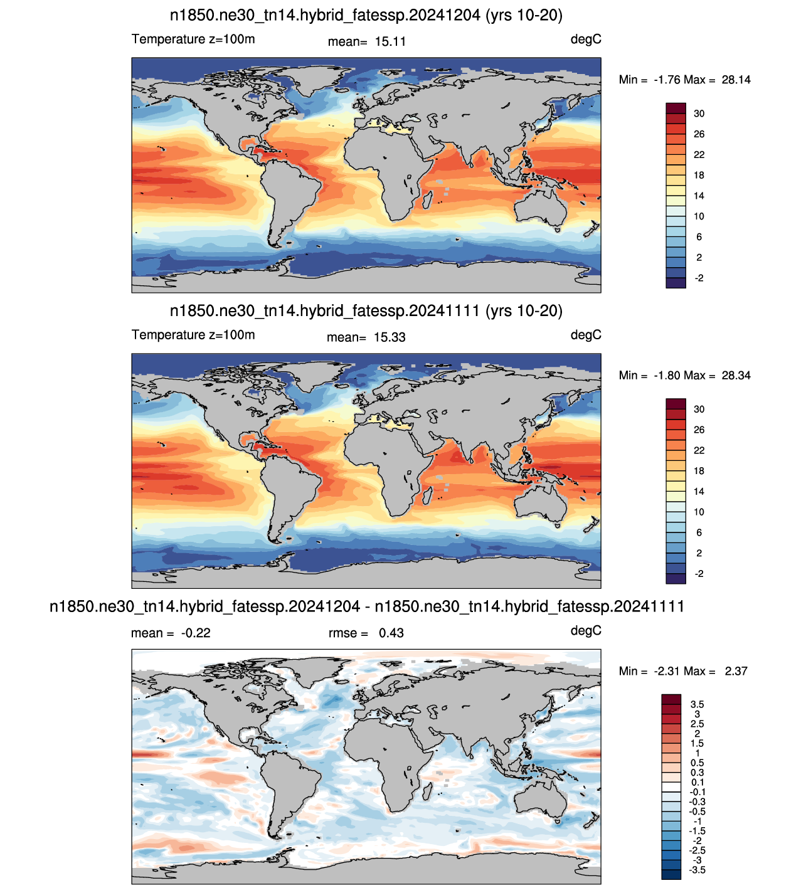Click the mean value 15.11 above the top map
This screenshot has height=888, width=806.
click(x=390, y=41)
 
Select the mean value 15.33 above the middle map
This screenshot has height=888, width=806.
click(x=390, y=337)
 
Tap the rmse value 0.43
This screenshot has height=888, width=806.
click(x=391, y=633)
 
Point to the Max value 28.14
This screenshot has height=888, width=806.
click(x=736, y=80)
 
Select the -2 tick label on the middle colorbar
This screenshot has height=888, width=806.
click(x=699, y=574)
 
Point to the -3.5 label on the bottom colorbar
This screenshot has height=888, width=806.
click(x=697, y=870)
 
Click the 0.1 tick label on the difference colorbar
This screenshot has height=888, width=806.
click(x=697, y=782)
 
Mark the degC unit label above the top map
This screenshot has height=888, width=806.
click(x=586, y=40)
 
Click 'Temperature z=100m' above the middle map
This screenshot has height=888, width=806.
click(x=193, y=335)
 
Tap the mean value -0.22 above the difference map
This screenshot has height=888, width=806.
click(x=196, y=633)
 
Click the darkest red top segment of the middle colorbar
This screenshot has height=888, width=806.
click(x=676, y=404)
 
